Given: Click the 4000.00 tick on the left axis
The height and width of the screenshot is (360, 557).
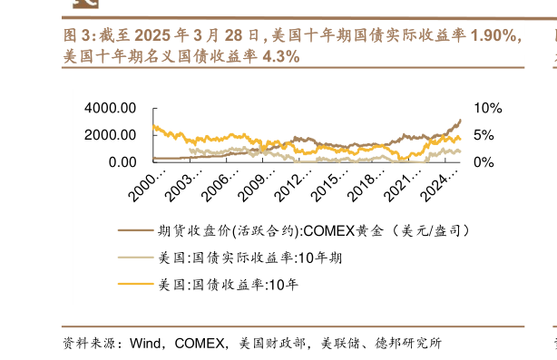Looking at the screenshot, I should (x=110, y=108).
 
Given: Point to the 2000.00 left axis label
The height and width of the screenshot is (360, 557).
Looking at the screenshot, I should (x=110, y=134).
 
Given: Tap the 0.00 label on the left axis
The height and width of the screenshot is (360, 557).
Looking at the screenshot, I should (x=122, y=161).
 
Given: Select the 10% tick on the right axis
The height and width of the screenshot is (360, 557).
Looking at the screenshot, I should (x=487, y=108).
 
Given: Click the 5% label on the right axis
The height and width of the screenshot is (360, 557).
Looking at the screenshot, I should (x=484, y=135).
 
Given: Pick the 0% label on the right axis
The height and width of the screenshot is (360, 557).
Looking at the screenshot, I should (x=484, y=161).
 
